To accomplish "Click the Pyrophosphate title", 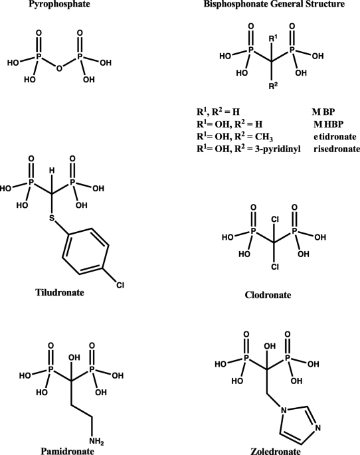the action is point(59,4).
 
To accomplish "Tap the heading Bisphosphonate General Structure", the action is point(274,4).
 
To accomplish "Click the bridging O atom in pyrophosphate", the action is point(59,68).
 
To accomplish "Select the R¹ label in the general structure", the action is point(273,38).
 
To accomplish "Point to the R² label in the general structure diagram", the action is point(273,86).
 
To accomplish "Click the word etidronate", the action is point(335,136).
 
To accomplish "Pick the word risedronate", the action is point(337,149).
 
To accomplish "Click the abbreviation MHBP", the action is point(328,124).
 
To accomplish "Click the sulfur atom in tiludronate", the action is point(52,218).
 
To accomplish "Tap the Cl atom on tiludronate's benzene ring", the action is point(120,285).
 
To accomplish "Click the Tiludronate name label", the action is point(60,292).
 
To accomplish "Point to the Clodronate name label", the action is point(268,295).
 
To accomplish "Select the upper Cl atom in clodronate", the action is point(275,220).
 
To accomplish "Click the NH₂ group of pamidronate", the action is point(96,442).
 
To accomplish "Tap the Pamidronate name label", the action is point(67,450).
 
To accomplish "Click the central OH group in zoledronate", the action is point(270,346).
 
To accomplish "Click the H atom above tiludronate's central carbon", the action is point(52,171).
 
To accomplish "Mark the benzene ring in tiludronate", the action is point(86,251).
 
